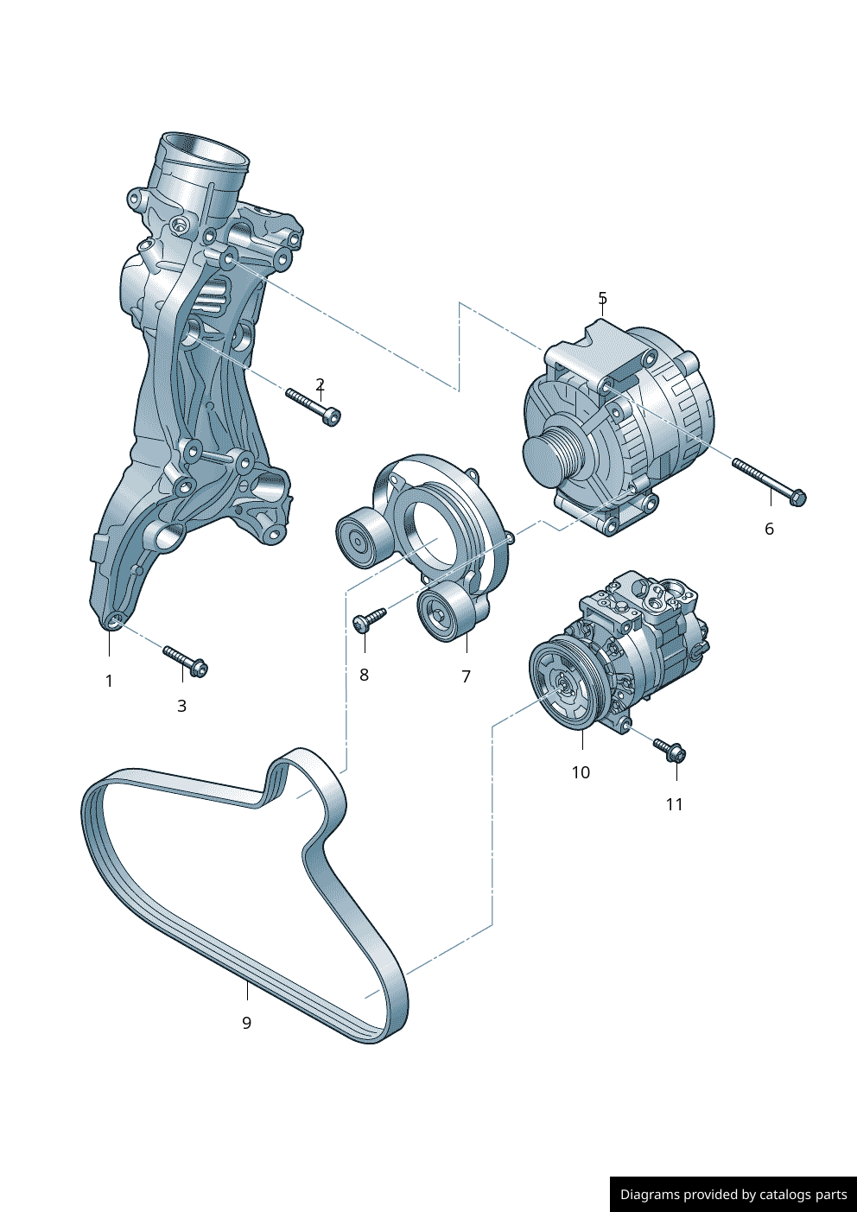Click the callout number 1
[x=109, y=681]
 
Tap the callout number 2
[x=321, y=384]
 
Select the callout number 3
[x=181, y=706]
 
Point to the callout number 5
[x=603, y=297]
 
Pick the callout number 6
[x=770, y=529]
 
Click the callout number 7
[x=467, y=676]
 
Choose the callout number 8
[x=364, y=675]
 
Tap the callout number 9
[x=247, y=1023]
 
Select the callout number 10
[x=581, y=772]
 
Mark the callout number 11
[x=674, y=804]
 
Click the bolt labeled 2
[x=314, y=407]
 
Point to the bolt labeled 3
[x=186, y=661]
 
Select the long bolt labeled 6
[x=769, y=483]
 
